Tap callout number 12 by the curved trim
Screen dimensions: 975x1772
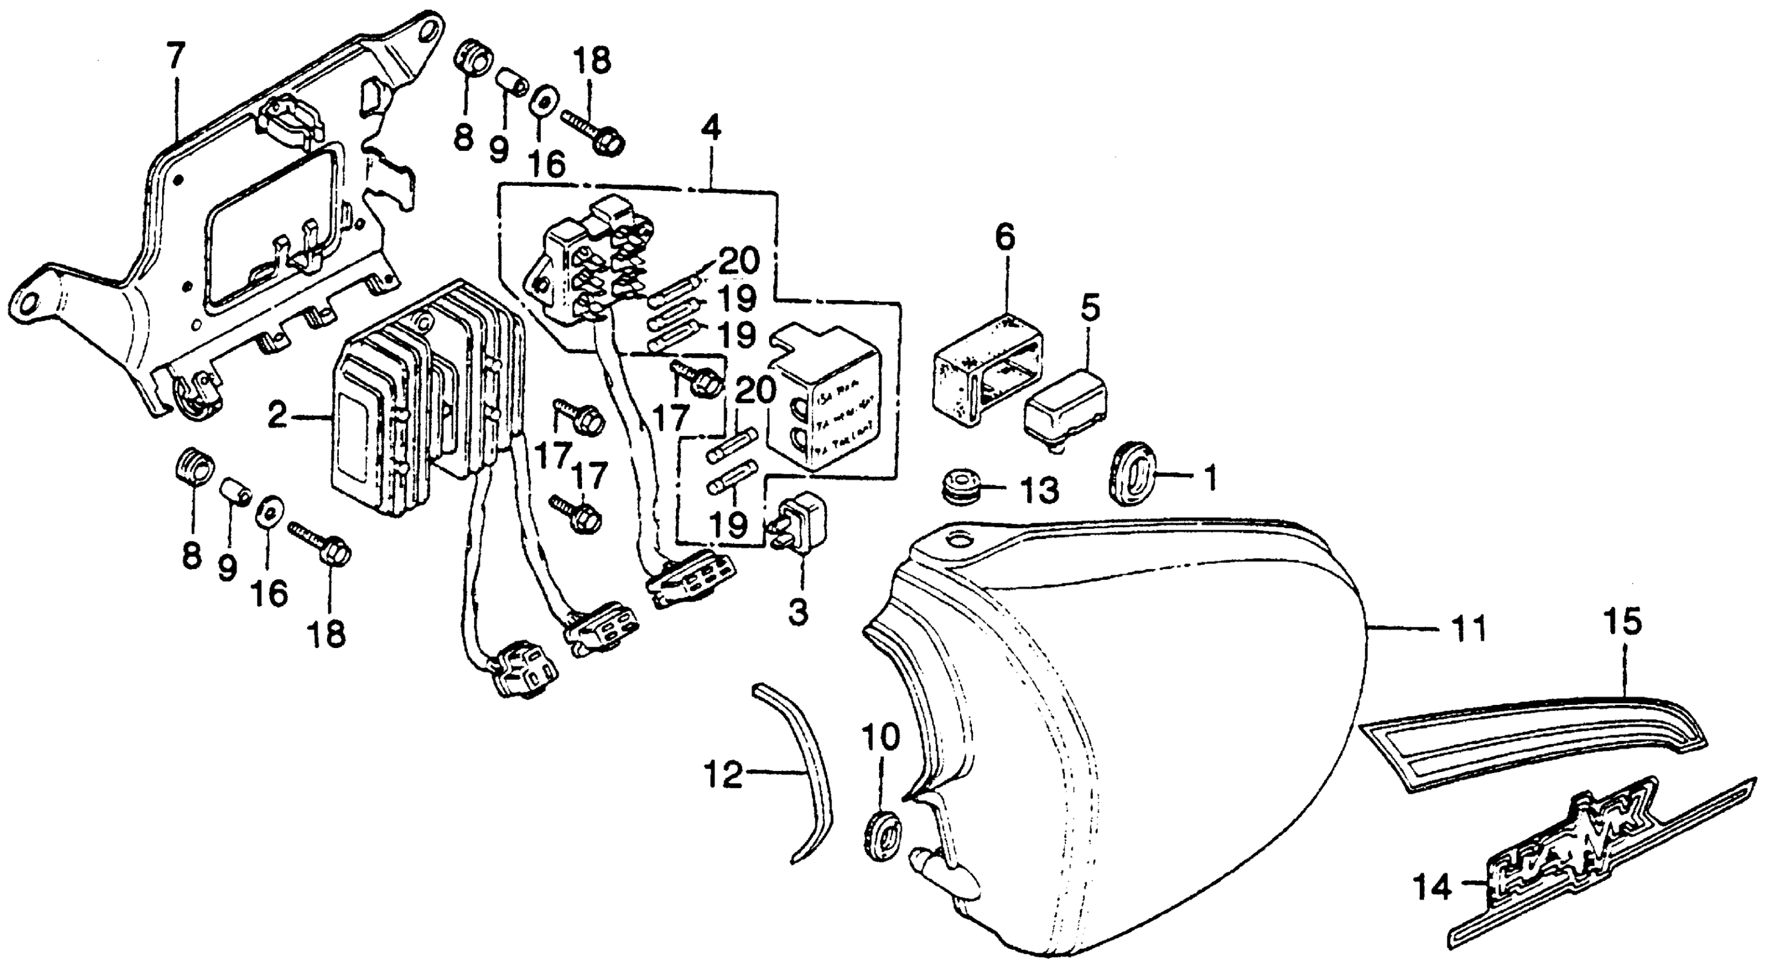tap(724, 775)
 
